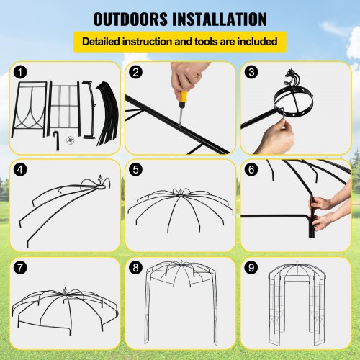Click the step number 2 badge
pyautogui.click(x=135, y=72)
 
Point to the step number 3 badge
pyautogui.click(x=251, y=72)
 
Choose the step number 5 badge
pyautogui.click(x=135, y=170)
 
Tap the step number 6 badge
pyautogui.click(x=251, y=170)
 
